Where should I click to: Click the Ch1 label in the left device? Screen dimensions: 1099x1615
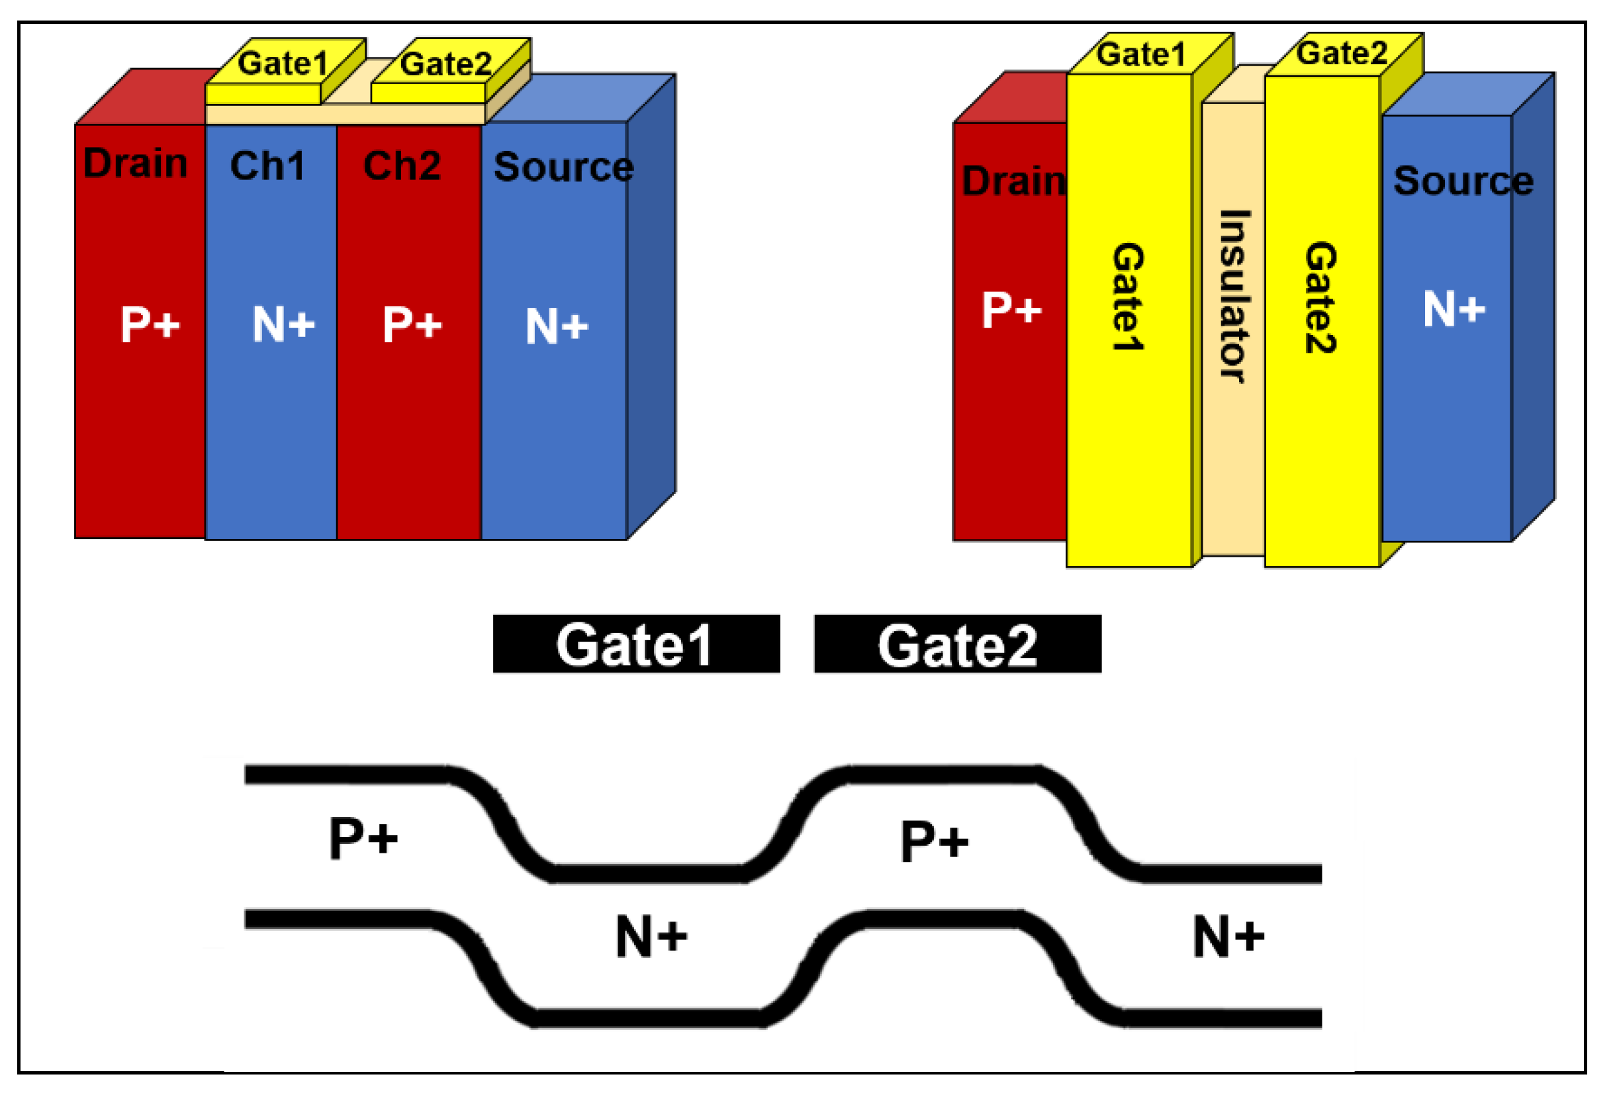tap(267, 166)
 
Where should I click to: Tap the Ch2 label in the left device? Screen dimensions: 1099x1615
tap(402, 166)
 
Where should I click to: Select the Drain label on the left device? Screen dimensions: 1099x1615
tap(136, 164)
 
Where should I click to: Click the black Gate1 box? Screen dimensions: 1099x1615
tap(636, 644)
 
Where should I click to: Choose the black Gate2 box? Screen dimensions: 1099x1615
tap(958, 644)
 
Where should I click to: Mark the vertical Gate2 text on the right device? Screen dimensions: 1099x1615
tap(1320, 297)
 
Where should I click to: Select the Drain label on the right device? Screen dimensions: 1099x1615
tap(1013, 181)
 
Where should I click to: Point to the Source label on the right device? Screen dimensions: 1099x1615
tap(1463, 181)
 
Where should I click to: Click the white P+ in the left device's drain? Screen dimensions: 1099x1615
tap(150, 324)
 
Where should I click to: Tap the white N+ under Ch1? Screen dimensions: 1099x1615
tap(283, 324)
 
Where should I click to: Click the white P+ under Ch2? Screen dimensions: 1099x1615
tap(412, 324)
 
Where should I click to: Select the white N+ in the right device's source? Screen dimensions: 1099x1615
tap(1453, 309)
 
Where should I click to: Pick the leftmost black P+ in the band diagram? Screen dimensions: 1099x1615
tap(363, 837)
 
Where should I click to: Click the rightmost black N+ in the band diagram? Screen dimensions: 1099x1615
tap(1228, 936)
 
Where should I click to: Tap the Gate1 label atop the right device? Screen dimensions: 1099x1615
tap(1140, 54)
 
